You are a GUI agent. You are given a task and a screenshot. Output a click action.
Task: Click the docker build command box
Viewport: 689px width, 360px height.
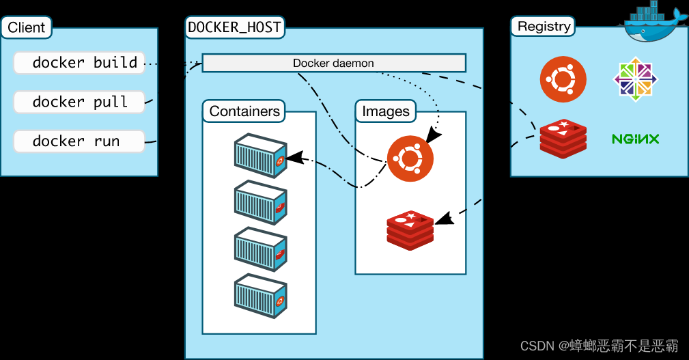coord(79,63)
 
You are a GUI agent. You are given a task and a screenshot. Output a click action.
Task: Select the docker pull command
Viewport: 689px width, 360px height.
coord(79,102)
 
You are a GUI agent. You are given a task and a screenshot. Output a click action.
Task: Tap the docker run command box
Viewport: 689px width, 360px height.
coord(79,141)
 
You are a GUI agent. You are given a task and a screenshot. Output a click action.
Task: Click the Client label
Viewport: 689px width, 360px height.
coord(27,27)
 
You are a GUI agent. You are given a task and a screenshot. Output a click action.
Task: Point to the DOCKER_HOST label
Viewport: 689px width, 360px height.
coord(235,27)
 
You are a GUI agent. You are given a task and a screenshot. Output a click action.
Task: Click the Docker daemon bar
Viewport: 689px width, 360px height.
coord(334,63)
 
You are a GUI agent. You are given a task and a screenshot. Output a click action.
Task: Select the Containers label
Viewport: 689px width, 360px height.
coord(244,111)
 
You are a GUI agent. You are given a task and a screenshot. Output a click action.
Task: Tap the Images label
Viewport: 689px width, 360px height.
coord(386,111)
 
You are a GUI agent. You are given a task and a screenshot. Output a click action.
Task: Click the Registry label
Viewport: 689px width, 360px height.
coord(544,27)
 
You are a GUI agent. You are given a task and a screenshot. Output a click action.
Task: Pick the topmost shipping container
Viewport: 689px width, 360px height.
coord(261,156)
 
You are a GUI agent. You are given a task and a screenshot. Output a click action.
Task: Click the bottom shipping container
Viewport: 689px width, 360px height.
coord(261,296)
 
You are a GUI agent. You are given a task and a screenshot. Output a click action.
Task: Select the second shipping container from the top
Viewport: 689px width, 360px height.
coord(261,202)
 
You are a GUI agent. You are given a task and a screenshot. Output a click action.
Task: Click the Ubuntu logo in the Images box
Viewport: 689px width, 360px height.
coord(410,158)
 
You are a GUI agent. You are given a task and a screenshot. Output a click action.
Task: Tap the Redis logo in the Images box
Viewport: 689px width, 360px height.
coord(410,230)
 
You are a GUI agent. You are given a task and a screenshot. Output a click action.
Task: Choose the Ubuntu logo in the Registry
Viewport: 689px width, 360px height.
coord(563,79)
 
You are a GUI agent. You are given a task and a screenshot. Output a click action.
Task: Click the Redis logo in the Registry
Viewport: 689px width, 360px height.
coord(563,139)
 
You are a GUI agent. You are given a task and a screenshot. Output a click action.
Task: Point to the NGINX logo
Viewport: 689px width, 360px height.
coord(635,139)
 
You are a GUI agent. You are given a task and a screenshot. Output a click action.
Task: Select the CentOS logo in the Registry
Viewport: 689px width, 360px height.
coord(635,79)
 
